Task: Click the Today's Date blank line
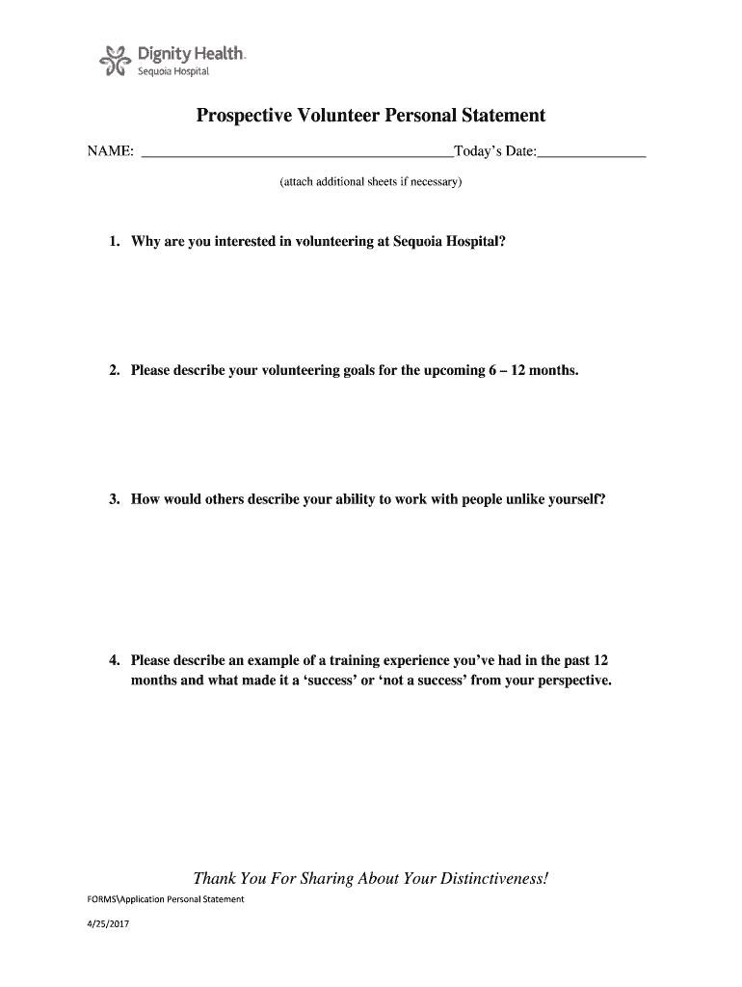[x=592, y=151]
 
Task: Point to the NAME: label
[x=111, y=152]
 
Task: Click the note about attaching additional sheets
[x=371, y=181]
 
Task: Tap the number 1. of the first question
[x=115, y=242]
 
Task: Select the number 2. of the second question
[x=115, y=370]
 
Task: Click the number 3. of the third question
[x=115, y=499]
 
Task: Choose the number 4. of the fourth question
[x=115, y=661]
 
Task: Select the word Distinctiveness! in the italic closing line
[x=489, y=878]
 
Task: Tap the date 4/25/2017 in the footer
[x=108, y=925]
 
